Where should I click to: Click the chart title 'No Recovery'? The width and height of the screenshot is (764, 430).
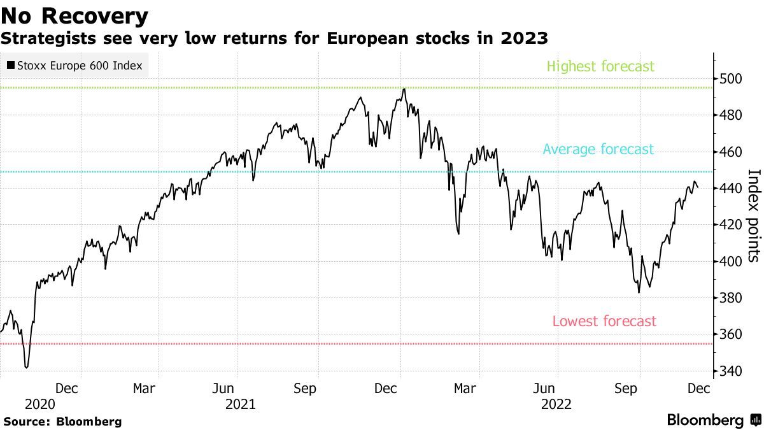pyautogui.click(x=74, y=15)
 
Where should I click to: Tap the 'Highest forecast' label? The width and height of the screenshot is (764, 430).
pyautogui.click(x=600, y=66)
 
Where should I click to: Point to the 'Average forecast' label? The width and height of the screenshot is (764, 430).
pyautogui.click(x=598, y=150)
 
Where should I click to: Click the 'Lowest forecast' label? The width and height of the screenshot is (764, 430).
pyautogui.click(x=604, y=321)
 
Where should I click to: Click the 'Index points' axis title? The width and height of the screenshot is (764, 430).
pyautogui.click(x=754, y=215)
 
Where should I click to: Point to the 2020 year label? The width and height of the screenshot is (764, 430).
pyautogui.click(x=39, y=404)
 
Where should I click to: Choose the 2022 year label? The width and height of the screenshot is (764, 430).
pyautogui.click(x=556, y=404)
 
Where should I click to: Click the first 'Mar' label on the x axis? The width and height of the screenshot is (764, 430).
pyautogui.click(x=145, y=388)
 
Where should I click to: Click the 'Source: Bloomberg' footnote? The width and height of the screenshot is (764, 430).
pyautogui.click(x=62, y=421)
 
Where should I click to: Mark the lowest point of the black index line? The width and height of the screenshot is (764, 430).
pyautogui.click(x=26, y=367)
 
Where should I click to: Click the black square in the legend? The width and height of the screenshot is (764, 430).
pyautogui.click(x=11, y=65)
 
